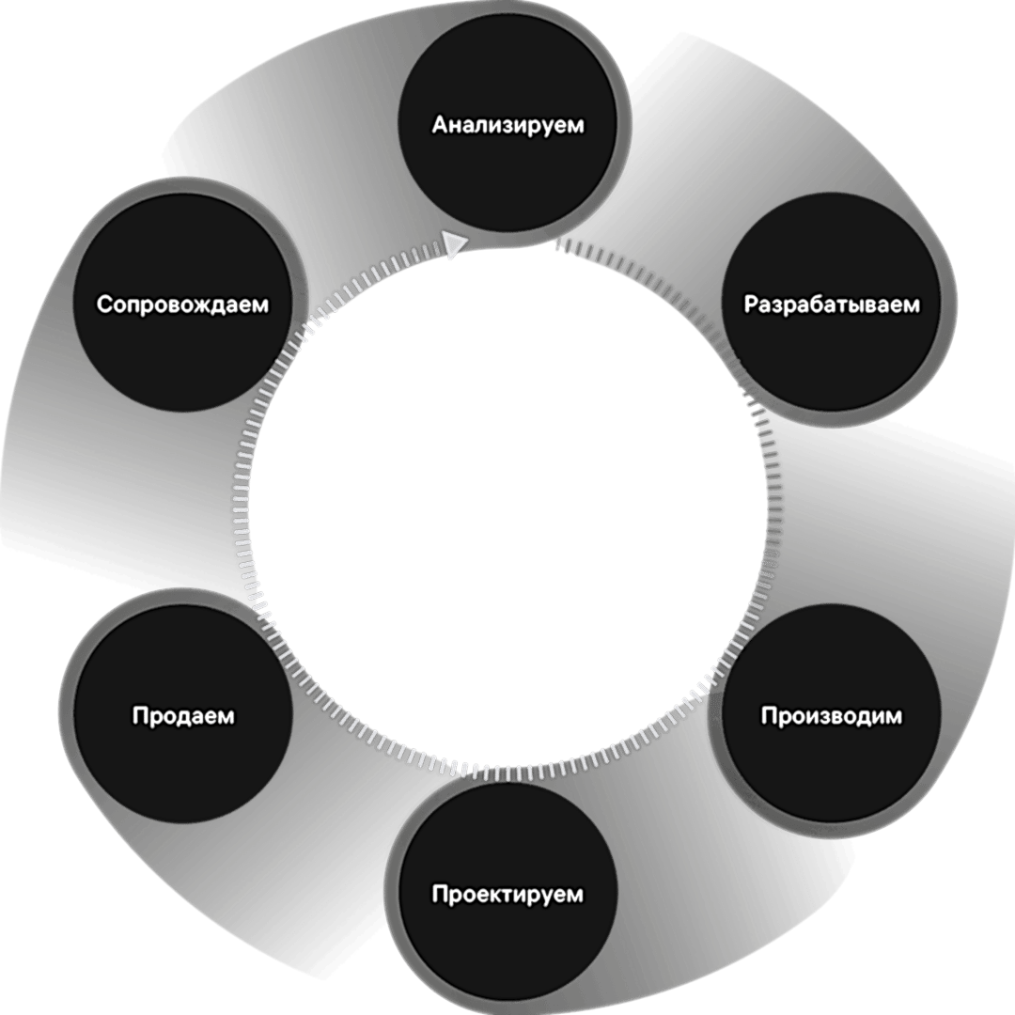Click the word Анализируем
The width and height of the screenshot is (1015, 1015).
pyautogui.click(x=507, y=125)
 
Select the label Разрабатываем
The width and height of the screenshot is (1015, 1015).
pyautogui.click(x=832, y=305)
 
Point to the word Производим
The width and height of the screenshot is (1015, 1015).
pyautogui.click(x=831, y=716)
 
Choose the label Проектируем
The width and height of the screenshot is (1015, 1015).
pyautogui.click(x=507, y=894)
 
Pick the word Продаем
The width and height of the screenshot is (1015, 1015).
pyautogui.click(x=182, y=716)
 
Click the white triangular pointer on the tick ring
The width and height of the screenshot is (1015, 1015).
pyautogui.click(x=455, y=245)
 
